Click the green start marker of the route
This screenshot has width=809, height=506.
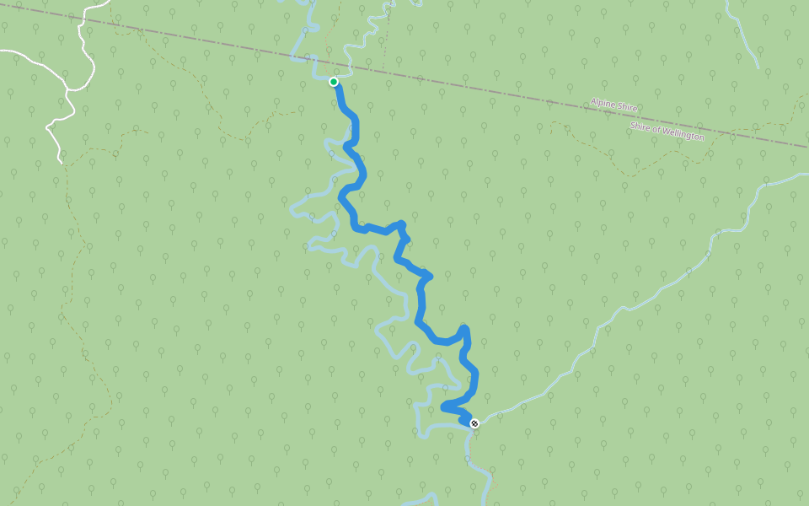point(334,82)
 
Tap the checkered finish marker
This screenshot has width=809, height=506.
point(474,423)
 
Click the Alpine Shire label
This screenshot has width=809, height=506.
point(613,105)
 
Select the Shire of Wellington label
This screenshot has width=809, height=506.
point(667,131)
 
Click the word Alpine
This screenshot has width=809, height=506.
point(603,103)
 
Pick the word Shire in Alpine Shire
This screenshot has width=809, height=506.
point(626,108)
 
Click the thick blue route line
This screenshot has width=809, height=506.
point(420,304)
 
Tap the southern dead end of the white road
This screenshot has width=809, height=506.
point(61,160)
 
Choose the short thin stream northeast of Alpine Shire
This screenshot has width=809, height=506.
point(746,42)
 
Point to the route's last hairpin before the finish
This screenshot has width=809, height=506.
point(443,408)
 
